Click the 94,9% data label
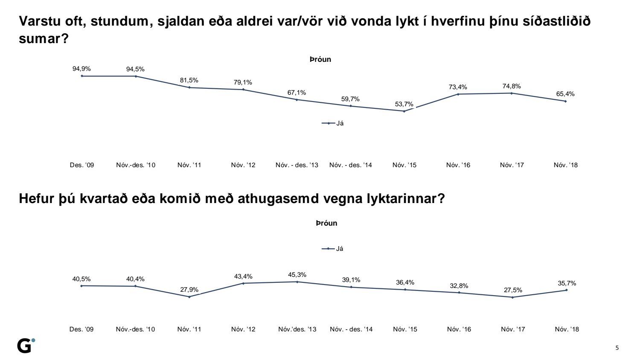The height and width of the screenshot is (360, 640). coord(81,69)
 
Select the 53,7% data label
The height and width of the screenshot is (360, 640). coord(404,104)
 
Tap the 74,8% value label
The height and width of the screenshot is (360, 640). coord(512,86)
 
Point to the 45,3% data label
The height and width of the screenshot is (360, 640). coord(297,275)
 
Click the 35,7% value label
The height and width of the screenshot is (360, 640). coord(567,283)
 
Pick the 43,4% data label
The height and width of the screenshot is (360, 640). coord(243,276)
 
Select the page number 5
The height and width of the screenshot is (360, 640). coord(617,348)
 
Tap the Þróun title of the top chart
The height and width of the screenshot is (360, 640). coord(320,60)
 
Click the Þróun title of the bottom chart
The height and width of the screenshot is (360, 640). coord(326,223)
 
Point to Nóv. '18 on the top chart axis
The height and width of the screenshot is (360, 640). coord(565,165)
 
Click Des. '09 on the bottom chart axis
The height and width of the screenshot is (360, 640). coord(81,329)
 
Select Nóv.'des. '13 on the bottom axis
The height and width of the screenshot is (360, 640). coord(297,329)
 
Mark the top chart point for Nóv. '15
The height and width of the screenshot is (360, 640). coord(404,111)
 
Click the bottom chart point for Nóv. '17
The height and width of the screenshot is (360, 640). coord(512,297)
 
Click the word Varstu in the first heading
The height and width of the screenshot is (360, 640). coord(41,21)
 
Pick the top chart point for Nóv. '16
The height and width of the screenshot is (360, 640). coord(458,94)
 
